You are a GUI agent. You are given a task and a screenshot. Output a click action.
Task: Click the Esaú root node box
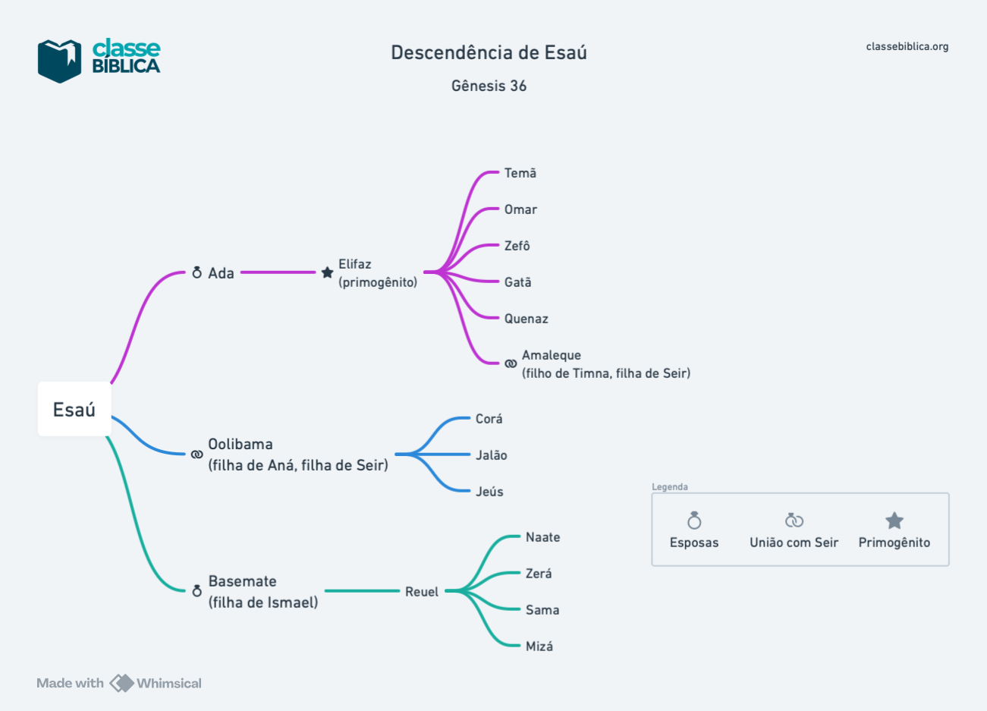tap(74, 410)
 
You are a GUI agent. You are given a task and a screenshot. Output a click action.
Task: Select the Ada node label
tap(221, 273)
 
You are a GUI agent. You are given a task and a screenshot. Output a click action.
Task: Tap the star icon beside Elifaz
tap(327, 272)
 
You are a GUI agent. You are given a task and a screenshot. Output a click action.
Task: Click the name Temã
tap(520, 173)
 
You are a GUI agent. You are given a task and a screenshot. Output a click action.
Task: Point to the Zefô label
tap(517, 246)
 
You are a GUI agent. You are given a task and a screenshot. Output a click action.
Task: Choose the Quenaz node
tap(526, 319)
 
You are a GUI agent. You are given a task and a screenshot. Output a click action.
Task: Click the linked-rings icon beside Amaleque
tap(511, 364)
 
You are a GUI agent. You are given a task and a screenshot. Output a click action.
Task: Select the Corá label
tap(489, 419)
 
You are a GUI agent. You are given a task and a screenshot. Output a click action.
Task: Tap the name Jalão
tap(491, 455)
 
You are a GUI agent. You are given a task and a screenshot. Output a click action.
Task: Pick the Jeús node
tap(489, 492)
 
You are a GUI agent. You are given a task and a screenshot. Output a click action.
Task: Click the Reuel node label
tap(422, 592)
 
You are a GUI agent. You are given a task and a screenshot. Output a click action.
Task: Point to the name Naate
tap(542, 537)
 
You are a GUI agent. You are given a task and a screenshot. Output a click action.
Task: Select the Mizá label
tap(539, 647)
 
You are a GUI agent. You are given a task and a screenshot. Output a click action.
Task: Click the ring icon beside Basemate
tap(196, 590)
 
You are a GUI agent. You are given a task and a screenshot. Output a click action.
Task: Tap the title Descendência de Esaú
tap(489, 52)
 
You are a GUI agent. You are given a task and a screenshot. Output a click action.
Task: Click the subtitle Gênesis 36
tap(489, 86)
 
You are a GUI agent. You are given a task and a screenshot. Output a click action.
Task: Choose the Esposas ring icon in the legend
tap(694, 521)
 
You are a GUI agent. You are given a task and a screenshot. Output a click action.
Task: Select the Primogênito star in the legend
tap(894, 521)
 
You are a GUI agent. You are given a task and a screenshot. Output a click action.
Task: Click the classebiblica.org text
tap(907, 46)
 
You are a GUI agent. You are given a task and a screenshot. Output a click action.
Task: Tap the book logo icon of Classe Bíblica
tap(59, 61)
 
